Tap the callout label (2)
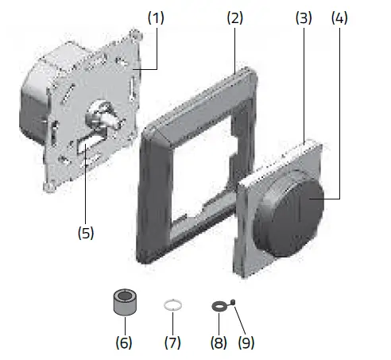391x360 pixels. tap(234, 16)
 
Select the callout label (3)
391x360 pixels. tap(303, 16)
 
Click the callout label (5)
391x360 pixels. tap(85, 233)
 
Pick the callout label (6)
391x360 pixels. tap(124, 343)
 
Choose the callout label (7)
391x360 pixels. tap(172, 343)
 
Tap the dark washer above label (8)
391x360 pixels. tap(216, 306)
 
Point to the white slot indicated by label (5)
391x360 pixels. tap(85, 147)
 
